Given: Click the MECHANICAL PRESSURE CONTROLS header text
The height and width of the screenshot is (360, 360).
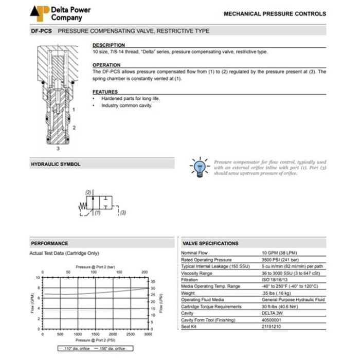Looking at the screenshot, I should (275, 14).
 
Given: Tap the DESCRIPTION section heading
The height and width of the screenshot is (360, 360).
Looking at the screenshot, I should (109, 45).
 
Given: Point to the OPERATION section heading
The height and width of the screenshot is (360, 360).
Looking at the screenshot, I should (106, 65).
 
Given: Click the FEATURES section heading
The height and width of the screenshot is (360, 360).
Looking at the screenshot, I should (105, 92).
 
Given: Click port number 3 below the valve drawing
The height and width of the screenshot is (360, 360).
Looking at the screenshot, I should (58, 148).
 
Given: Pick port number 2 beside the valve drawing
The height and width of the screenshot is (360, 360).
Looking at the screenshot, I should (74, 127).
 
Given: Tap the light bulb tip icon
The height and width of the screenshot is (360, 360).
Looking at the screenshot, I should (200, 167).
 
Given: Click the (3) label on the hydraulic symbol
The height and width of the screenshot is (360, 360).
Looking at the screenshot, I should (123, 212).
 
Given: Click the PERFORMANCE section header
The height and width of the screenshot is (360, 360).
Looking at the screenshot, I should (49, 243).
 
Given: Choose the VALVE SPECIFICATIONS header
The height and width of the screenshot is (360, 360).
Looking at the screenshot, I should (211, 243).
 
